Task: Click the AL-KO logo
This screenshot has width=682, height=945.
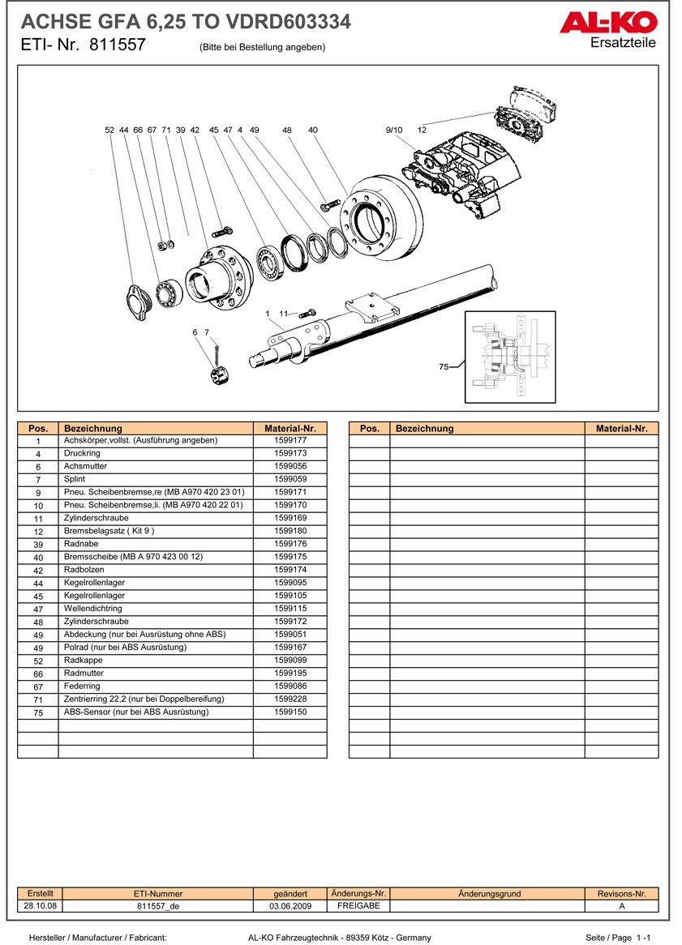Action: (x=607, y=24)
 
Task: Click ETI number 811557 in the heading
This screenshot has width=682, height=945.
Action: (x=117, y=45)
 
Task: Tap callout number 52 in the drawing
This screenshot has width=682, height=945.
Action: (x=109, y=130)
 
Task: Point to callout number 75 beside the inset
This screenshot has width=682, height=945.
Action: (x=444, y=367)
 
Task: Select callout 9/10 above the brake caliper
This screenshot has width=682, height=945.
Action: (x=393, y=130)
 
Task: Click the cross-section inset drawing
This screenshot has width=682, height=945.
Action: (x=509, y=357)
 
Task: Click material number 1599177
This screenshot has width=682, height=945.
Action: (x=290, y=441)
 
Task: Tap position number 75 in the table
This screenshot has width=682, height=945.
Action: (x=38, y=712)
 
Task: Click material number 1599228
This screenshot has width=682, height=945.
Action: (x=290, y=699)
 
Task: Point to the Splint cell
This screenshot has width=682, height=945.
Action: (x=75, y=480)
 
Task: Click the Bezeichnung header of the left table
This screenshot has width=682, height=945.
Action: (x=93, y=428)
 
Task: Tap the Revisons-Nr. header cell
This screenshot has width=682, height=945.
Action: (x=621, y=893)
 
